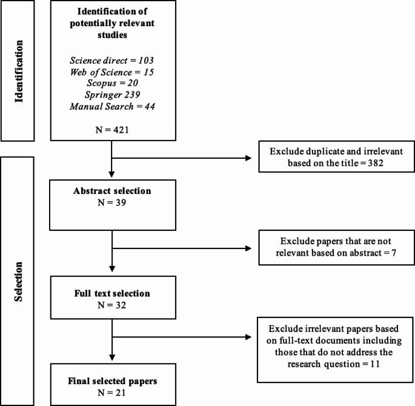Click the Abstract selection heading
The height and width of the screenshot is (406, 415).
tap(113, 191)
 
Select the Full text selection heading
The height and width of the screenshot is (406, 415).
tap(113, 294)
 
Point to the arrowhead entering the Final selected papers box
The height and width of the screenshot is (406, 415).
tap(113, 358)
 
